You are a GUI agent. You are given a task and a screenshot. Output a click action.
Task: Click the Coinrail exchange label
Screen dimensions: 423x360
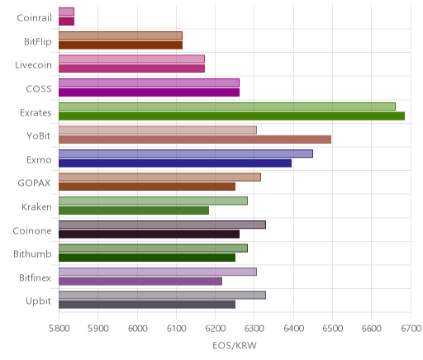pos(34,18)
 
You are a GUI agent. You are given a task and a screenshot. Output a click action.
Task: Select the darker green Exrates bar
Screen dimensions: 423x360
pos(231,116)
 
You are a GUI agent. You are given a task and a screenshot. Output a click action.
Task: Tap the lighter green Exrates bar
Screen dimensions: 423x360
pos(227,107)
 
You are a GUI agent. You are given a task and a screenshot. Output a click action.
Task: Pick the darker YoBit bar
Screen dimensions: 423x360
pos(195,140)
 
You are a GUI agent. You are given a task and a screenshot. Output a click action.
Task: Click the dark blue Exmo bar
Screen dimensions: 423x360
pos(175,163)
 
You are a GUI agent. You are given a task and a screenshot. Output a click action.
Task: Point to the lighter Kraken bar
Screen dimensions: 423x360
pos(153,201)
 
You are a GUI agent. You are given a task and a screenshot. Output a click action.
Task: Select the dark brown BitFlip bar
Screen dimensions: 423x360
pos(121,45)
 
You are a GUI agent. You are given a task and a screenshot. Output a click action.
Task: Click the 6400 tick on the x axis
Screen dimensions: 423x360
pos(293,328)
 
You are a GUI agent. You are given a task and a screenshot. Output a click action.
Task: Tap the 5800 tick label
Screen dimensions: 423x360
pos(59,328)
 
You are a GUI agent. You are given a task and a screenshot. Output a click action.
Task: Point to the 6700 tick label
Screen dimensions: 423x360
pos(411,328)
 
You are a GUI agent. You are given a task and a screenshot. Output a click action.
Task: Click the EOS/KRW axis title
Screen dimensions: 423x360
pos(235,345)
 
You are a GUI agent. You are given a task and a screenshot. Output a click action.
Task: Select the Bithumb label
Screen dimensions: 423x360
pos(32,253)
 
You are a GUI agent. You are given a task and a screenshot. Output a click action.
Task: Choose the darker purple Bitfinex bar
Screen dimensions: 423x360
pos(140,282)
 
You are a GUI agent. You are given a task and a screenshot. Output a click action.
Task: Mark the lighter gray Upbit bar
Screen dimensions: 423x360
pos(162,296)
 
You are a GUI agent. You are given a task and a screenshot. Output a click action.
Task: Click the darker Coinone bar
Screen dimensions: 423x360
pos(149,234)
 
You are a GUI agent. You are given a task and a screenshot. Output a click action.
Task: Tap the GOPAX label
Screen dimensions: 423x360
pos(35,183)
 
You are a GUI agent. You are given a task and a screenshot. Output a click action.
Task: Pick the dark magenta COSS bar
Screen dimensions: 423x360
pos(149,92)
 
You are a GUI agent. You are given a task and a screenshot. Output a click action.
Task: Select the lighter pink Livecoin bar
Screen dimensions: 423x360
pos(131,59)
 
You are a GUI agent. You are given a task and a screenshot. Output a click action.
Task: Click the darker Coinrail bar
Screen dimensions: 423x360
pos(66,21)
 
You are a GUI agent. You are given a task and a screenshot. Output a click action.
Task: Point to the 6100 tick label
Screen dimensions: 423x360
pos(176,328)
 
